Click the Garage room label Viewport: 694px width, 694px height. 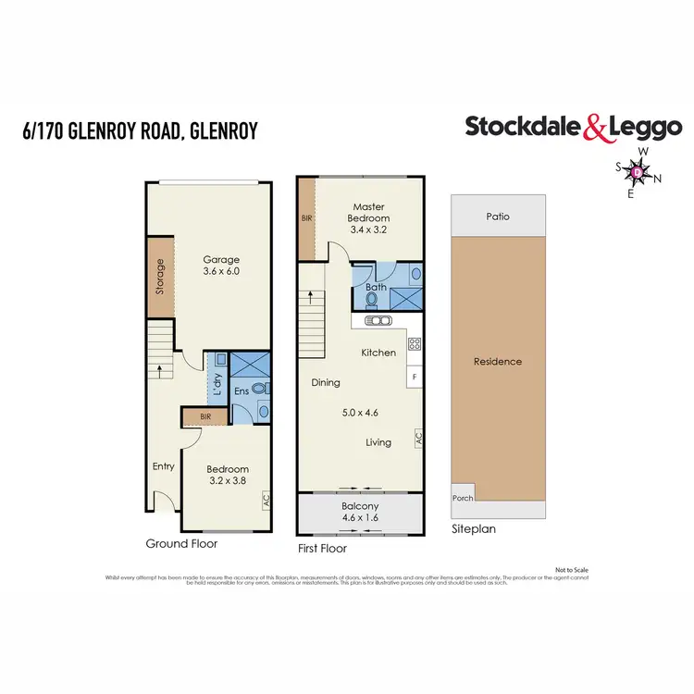(221, 259)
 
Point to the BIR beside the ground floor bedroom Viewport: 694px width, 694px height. (204, 418)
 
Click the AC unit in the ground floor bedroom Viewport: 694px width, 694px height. (266, 500)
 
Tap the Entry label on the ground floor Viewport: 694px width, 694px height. (163, 466)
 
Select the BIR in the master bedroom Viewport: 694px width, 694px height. (306, 218)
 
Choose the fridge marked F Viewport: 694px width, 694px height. (415, 377)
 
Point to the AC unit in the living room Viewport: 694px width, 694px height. (418, 437)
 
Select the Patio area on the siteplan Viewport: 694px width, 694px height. (498, 217)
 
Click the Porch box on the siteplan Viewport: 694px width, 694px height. (462, 497)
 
